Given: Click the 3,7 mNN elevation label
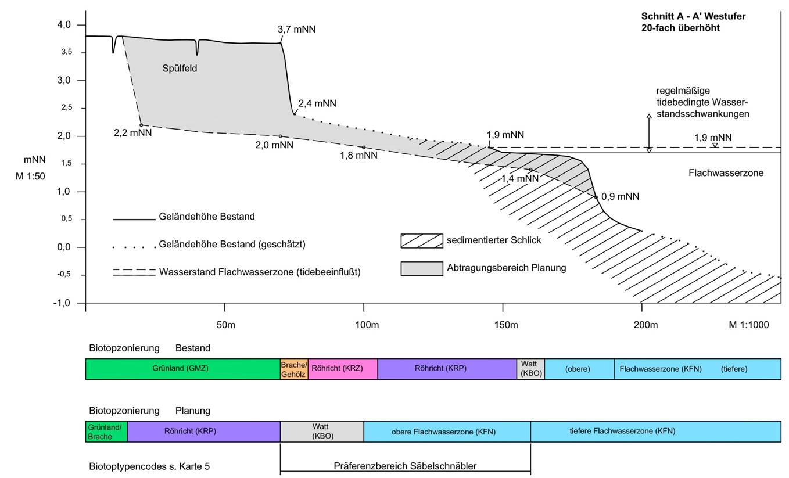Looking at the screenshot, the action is coord(296,29).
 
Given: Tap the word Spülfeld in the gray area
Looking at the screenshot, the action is coord(180,69).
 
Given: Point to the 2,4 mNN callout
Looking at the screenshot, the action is coord(317,103).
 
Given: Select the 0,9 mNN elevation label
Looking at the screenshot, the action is coord(620,196).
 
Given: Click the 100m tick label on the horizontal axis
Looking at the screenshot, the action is coord(367,325).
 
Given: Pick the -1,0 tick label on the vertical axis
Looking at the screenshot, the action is coord(62,303).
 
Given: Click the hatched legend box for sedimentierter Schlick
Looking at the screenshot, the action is coord(422,241).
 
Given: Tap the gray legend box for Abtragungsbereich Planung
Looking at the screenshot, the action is coord(422,268).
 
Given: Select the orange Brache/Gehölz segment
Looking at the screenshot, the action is coord(294,369).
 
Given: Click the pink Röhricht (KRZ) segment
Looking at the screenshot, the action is coord(343,369).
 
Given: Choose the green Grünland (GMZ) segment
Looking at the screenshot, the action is coord(183,369).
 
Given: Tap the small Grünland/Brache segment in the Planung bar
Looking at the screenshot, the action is coord(106,432).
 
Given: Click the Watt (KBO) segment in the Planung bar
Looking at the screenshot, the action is coord(322,432).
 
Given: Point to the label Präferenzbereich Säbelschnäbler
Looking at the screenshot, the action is coord(405,466).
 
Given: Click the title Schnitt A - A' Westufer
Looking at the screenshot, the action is coord(693,16).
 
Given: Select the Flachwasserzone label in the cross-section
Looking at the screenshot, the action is coord(726,173).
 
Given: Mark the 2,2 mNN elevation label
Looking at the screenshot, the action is coord(132,132).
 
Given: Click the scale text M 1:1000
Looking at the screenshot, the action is coord(749,325).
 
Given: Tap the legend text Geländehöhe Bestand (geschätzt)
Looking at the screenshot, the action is coord(232,245).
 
